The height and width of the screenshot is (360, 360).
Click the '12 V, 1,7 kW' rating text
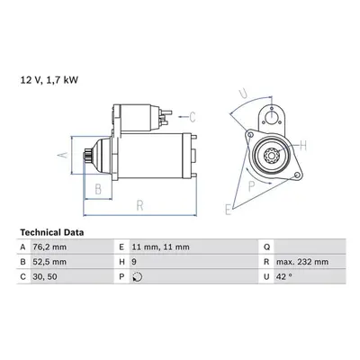point(49,80)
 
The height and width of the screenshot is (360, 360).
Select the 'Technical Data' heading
point(52,232)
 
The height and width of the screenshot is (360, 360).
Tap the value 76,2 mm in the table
point(49,247)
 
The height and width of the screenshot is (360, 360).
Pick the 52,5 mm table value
point(49,262)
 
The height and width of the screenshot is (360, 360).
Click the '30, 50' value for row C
point(45,276)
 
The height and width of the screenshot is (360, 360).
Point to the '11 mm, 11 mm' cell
point(161,247)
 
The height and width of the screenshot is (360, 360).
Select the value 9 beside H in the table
point(134,262)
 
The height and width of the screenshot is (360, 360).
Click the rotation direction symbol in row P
point(138,277)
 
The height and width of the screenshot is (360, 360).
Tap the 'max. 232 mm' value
point(302,262)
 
